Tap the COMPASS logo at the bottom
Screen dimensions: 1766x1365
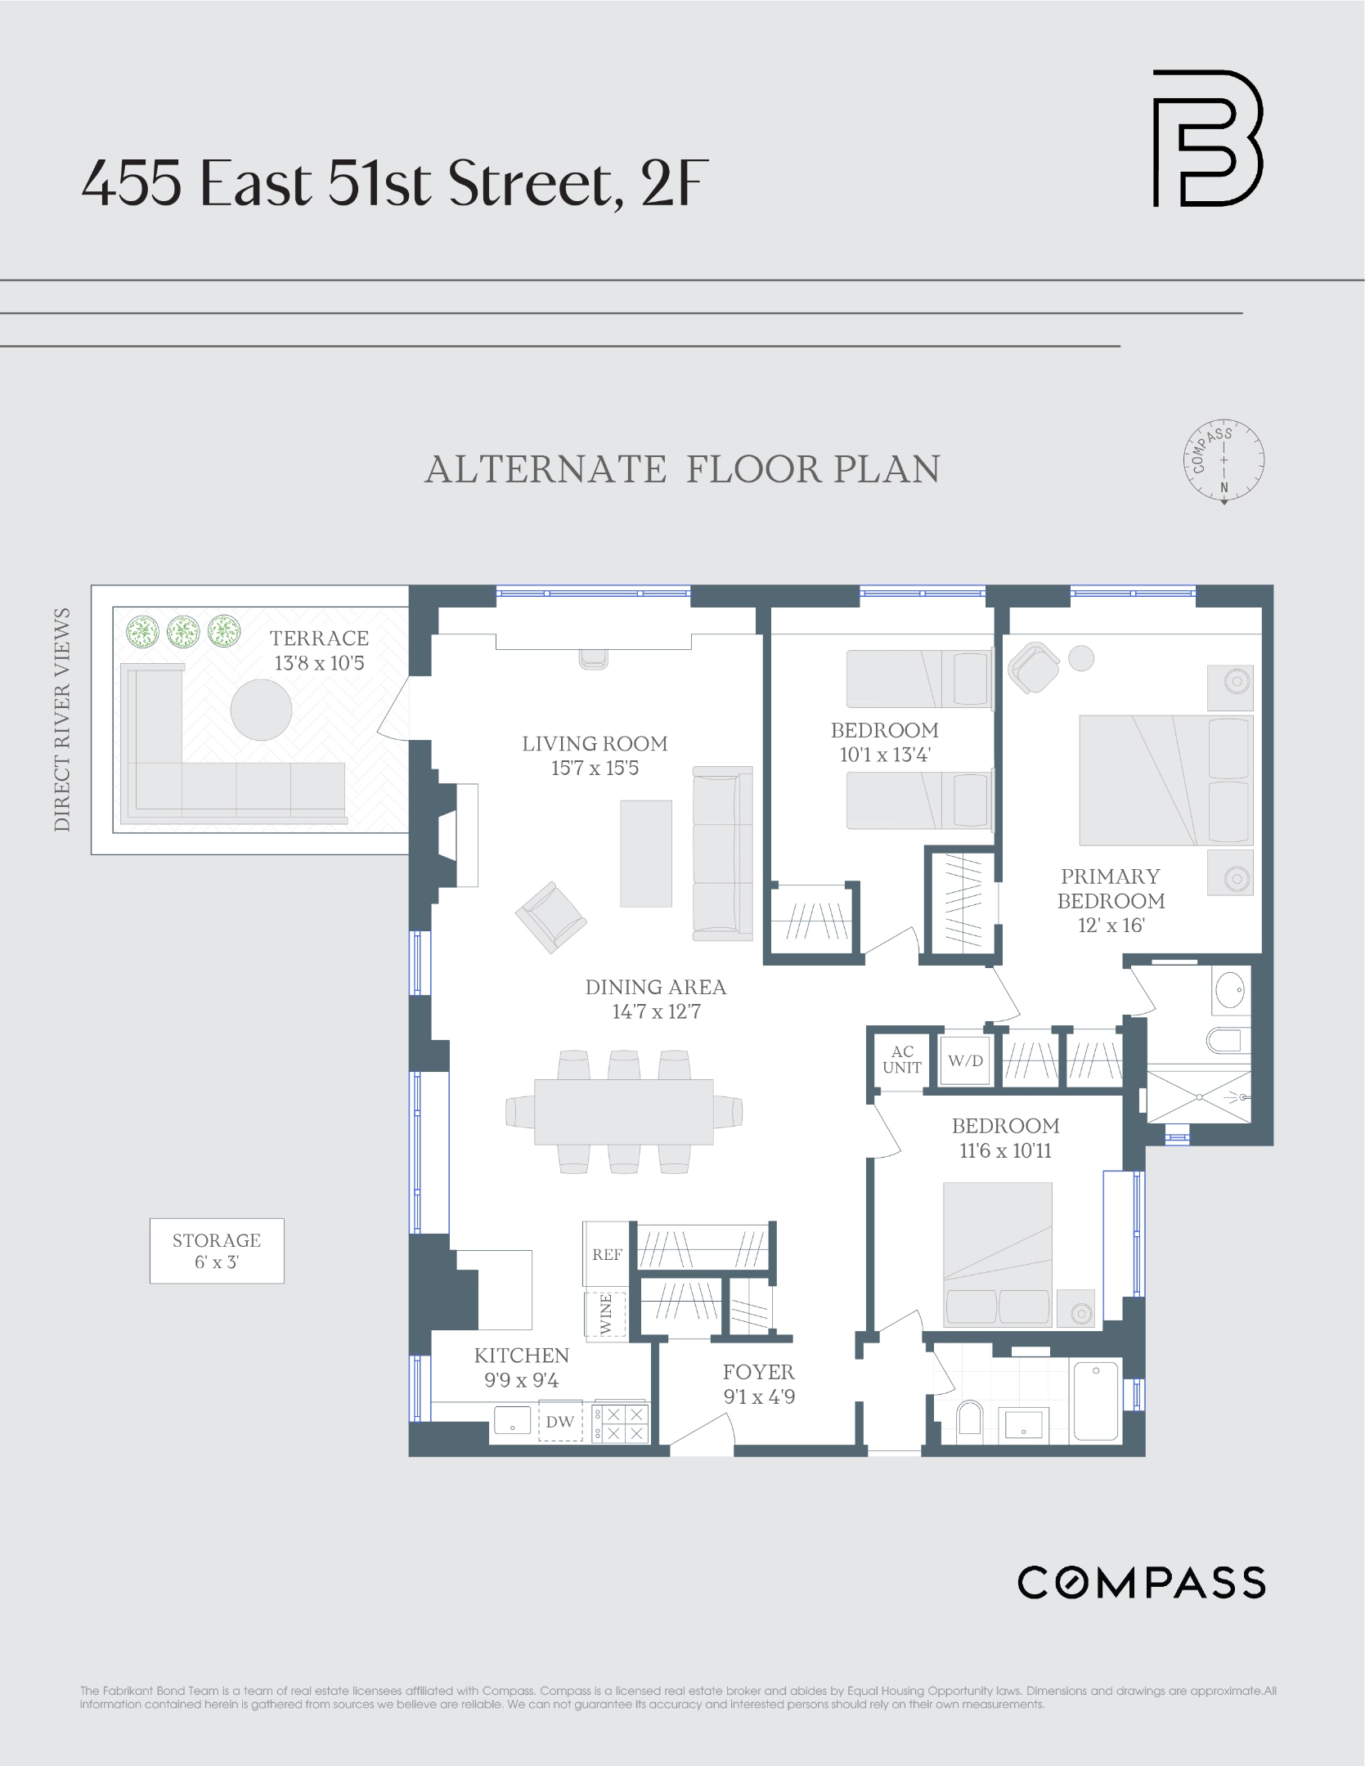coord(1141,1583)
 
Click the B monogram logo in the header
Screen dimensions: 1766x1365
coord(1207,138)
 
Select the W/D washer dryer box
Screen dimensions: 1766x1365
coord(965,1060)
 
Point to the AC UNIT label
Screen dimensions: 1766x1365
coord(901,1060)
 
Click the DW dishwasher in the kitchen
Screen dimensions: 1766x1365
coord(560,1422)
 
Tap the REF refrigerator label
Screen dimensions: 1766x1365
coord(607,1254)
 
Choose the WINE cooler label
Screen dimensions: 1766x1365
coord(606,1315)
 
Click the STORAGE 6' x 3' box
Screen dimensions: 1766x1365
coord(217,1251)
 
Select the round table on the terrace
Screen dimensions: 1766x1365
coord(261,710)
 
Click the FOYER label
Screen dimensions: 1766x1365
coord(758,1372)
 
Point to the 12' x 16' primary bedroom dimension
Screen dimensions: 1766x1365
coord(1111,926)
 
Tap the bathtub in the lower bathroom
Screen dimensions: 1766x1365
coord(1095,1401)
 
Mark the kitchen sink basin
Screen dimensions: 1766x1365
coord(513,1420)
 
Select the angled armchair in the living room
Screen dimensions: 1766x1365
coord(550,917)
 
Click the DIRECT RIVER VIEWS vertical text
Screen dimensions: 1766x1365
coord(62,719)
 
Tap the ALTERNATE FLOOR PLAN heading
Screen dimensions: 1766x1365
coord(682,469)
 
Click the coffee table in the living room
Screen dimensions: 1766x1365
coord(645,854)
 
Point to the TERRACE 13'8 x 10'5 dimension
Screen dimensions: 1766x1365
coord(319,663)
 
